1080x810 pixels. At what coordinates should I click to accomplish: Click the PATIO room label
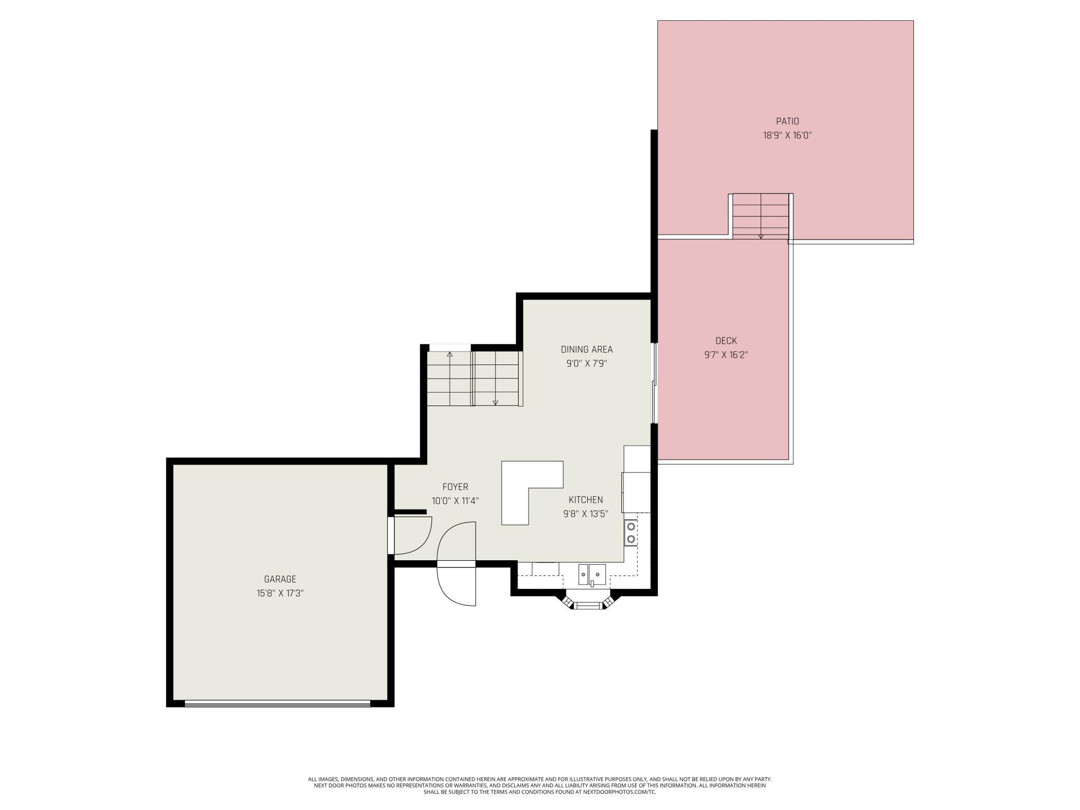coord(787,122)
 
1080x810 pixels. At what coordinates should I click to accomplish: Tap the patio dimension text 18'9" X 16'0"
coord(787,136)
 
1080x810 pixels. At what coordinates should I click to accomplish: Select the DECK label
coord(726,341)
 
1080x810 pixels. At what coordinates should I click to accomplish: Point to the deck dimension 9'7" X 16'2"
coord(726,355)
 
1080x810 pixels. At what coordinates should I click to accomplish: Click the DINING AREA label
coord(587,349)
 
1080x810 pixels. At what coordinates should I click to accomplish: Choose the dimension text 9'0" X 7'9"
coord(587,363)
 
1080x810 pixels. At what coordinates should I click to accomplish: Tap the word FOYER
coord(455,487)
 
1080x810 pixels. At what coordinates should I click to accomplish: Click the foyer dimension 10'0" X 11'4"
coord(455,501)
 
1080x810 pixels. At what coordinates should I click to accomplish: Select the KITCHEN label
coord(586,500)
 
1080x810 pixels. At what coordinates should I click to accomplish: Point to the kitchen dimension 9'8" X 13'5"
coord(586,514)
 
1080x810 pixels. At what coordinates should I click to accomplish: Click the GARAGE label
coord(280,579)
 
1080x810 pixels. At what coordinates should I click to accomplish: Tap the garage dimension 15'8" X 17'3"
coord(280,593)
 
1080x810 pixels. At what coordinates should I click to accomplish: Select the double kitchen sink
coord(592,574)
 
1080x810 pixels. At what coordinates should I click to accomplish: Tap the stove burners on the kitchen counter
coord(631,533)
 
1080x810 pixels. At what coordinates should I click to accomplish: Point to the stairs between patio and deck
coord(761,216)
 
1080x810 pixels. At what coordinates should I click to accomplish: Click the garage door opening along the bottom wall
coord(278,704)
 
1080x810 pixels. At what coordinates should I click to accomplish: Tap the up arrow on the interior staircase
coord(450,355)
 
